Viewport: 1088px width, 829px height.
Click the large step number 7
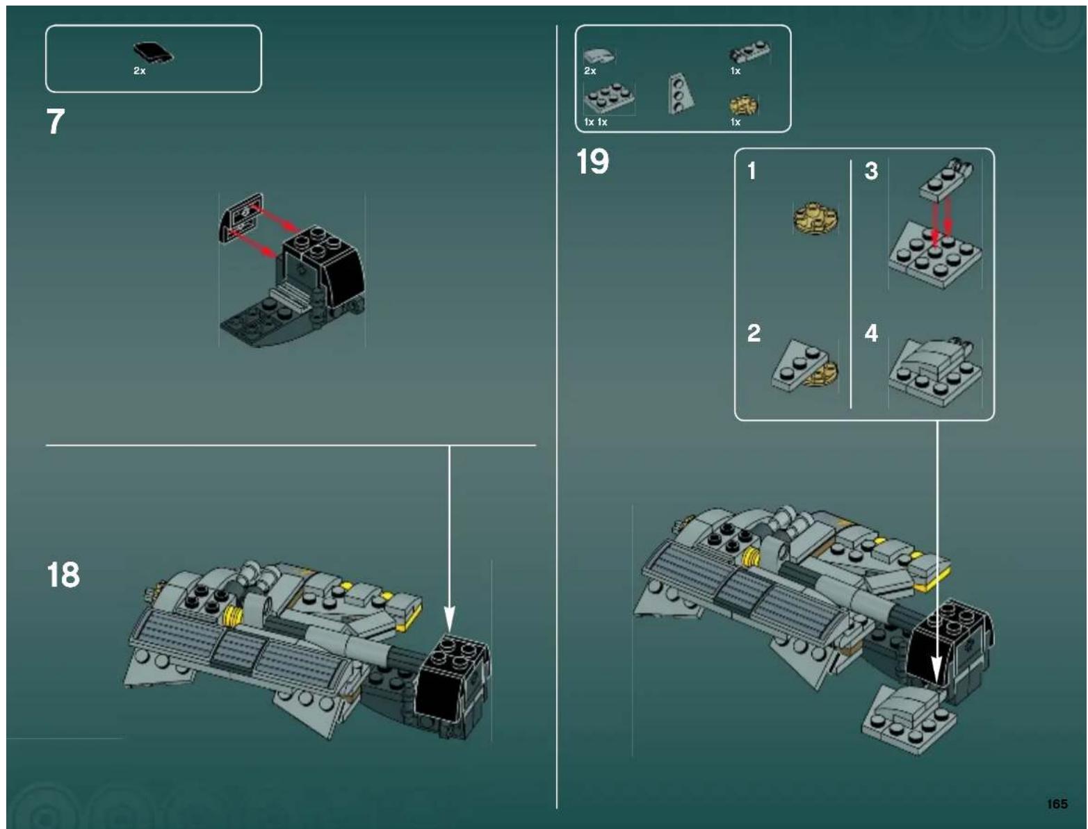click(56, 122)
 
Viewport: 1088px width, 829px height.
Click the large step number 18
click(63, 575)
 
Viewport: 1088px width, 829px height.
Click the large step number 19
click(592, 162)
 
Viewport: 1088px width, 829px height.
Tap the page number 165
click(1057, 804)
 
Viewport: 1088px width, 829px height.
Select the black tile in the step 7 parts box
click(153, 53)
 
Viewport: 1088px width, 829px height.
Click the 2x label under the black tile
click(139, 71)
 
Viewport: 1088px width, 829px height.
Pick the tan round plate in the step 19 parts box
click(743, 105)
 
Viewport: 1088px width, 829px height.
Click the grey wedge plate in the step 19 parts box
click(678, 93)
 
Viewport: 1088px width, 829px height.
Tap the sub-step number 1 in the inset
click(752, 171)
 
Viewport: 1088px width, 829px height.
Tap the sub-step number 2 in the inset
click(754, 333)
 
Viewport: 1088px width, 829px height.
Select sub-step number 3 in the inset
click(871, 171)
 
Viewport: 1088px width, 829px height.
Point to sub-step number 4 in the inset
click(871, 333)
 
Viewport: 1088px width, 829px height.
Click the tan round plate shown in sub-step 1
click(816, 217)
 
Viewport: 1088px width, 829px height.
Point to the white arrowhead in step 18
click(449, 618)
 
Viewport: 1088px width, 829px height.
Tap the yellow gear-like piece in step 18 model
click(235, 614)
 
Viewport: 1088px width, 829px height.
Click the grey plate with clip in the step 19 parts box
click(749, 53)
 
